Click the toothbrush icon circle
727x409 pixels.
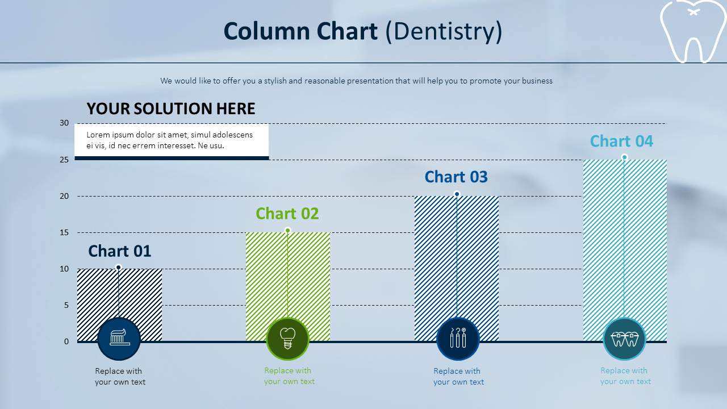click(x=119, y=339)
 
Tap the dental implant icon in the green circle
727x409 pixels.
click(x=287, y=338)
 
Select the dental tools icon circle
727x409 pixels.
click(x=458, y=339)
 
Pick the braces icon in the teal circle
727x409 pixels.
click(x=624, y=339)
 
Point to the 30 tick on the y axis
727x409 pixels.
click(x=64, y=123)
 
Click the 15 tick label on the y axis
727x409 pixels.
click(x=64, y=232)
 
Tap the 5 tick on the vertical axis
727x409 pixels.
click(x=66, y=305)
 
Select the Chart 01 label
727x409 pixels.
click(x=120, y=251)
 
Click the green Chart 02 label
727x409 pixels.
click(x=287, y=214)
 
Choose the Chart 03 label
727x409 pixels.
click(x=456, y=177)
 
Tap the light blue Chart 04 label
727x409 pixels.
click(x=621, y=141)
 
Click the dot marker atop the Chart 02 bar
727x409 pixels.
click(x=287, y=231)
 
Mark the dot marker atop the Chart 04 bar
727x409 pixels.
click(x=624, y=157)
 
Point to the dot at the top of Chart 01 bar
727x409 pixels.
click(x=119, y=268)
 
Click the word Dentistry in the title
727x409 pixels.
click(x=444, y=31)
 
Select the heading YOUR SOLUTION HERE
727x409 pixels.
click(x=171, y=108)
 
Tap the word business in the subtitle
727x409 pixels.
click(x=537, y=81)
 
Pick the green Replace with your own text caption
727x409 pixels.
click(x=289, y=376)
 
